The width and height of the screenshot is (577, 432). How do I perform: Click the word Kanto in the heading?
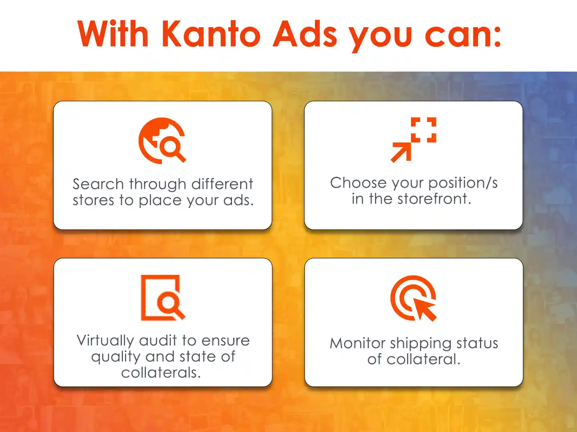click(211, 34)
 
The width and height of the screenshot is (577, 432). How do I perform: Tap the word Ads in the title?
click(305, 34)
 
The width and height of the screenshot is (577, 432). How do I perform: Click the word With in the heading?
click(113, 34)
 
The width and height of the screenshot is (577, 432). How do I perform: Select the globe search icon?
click(162, 140)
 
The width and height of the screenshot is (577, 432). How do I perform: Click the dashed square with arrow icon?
click(413, 140)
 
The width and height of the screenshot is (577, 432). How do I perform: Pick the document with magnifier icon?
click(163, 298)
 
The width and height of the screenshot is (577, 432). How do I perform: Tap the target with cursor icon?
click(413, 298)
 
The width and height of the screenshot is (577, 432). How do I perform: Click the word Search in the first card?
click(98, 184)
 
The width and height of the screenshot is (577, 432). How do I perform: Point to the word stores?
click(94, 200)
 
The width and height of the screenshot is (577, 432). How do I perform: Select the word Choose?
click(358, 182)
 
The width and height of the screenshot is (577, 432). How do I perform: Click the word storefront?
click(434, 198)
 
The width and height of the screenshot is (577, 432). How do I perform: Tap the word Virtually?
click(105, 341)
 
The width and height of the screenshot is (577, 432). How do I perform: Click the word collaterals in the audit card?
click(161, 372)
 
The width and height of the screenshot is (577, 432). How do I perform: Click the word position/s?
click(463, 183)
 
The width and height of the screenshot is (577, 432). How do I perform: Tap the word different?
click(222, 184)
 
